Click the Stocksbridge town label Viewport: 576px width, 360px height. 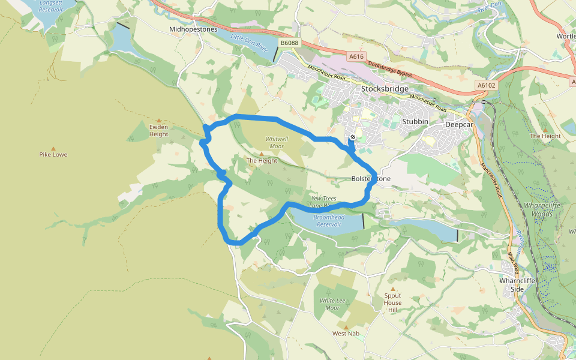(x=385, y=89)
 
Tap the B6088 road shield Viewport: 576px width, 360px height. (x=289, y=43)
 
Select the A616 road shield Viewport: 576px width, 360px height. (x=356, y=56)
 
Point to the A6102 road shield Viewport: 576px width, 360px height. (x=487, y=85)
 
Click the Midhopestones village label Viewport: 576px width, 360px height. (x=193, y=29)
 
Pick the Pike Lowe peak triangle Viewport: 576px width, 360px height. (x=53, y=148)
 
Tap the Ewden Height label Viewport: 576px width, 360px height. (x=159, y=130)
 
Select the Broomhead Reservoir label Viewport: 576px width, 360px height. (x=327, y=220)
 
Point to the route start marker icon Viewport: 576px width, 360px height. (x=353, y=137)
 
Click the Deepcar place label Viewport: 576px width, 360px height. (x=460, y=125)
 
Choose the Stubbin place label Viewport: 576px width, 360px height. (x=415, y=121)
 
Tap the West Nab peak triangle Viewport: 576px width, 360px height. (x=346, y=326)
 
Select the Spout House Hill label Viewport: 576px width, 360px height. (x=393, y=302)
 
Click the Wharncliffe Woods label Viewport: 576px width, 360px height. (x=539, y=209)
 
